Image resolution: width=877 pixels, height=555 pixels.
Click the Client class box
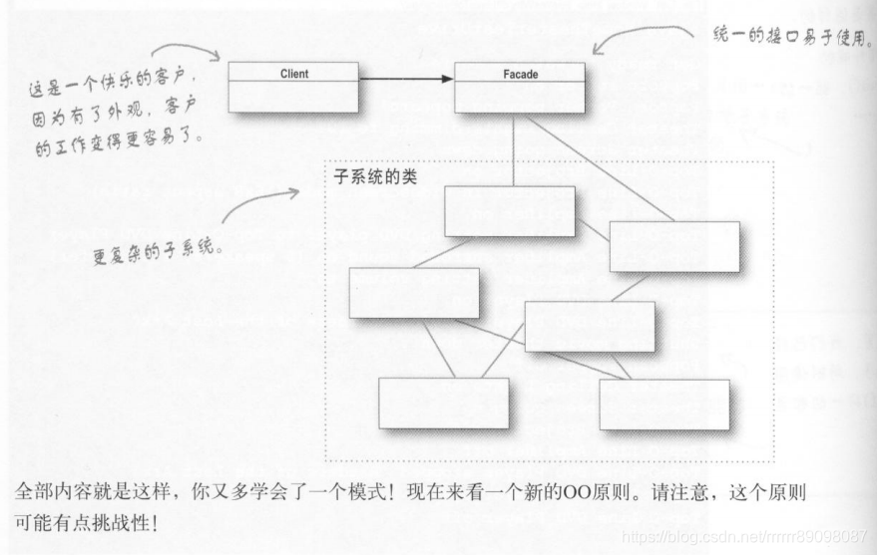pos(292,87)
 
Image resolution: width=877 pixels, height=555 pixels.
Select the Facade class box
pos(519,88)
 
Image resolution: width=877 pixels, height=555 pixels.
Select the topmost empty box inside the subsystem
pos(509,211)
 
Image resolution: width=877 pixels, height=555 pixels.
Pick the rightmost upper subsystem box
pos(673,247)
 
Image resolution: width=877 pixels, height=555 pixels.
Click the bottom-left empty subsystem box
pos(443,403)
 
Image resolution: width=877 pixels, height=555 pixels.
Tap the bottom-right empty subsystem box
pos(663,404)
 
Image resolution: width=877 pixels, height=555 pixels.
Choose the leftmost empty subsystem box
pos(413,293)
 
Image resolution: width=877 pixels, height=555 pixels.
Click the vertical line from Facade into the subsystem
pos(515,149)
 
